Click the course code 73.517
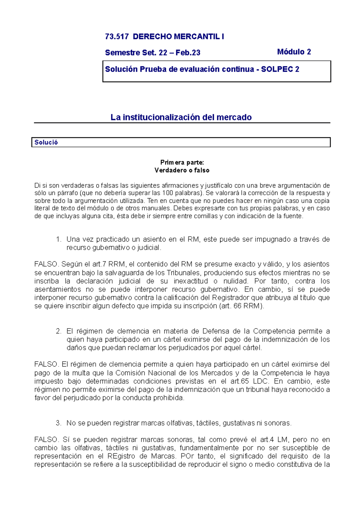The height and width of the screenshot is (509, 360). [x=117, y=37]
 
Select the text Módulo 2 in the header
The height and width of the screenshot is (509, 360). [x=294, y=52]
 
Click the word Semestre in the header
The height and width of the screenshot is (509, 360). [x=119, y=53]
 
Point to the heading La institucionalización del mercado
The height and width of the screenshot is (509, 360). [x=181, y=117]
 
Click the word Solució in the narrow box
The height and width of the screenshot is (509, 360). [x=46, y=142]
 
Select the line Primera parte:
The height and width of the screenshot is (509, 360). [x=182, y=162]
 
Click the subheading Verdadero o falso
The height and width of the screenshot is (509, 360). [x=182, y=170]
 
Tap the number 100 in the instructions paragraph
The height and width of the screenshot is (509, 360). [x=167, y=193]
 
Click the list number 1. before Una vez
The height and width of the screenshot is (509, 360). [x=58, y=239]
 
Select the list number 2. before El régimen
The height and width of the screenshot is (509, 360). [x=58, y=331]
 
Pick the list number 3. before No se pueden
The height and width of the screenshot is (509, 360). [x=58, y=423]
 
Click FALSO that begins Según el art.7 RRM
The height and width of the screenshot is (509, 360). [x=46, y=264]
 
